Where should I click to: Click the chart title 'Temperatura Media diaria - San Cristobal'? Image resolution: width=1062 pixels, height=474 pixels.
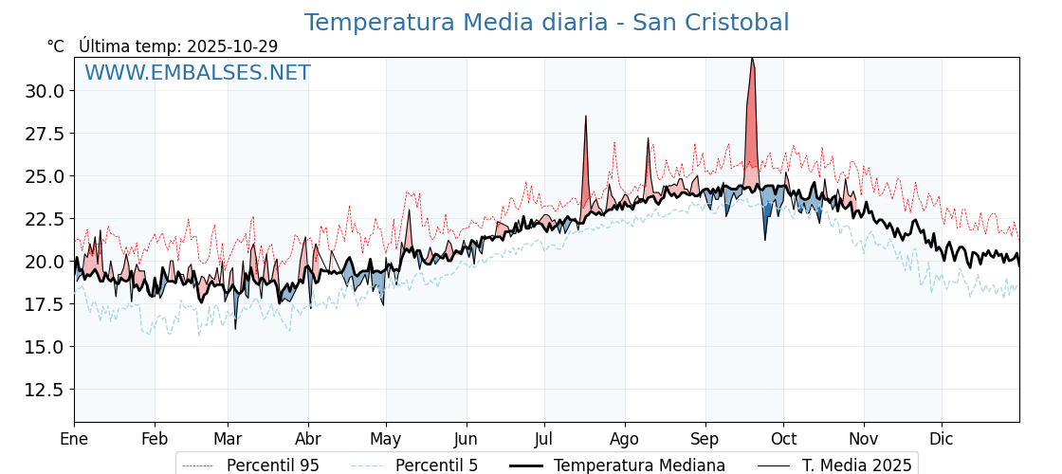tap(546, 23)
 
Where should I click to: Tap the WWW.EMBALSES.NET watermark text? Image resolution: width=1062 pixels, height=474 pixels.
tap(197, 73)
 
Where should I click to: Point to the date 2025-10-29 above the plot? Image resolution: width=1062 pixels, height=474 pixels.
tap(232, 46)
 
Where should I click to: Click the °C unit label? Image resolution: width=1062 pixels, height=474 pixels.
tap(55, 46)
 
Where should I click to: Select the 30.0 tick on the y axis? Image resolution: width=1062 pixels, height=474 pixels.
tap(45, 91)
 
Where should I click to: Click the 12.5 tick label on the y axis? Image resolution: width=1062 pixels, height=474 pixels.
tap(45, 390)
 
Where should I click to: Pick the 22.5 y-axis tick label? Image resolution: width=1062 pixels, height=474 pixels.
tap(45, 219)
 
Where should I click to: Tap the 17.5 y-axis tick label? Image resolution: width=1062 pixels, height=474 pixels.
tap(45, 304)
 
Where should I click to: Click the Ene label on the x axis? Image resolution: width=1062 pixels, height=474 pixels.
tap(74, 439)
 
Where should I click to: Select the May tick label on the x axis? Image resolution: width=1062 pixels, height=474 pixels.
tap(386, 439)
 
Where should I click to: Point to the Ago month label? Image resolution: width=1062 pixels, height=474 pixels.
tap(625, 439)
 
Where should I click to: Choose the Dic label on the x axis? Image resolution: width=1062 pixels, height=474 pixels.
tap(942, 439)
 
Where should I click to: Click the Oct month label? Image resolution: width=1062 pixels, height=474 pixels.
tap(783, 439)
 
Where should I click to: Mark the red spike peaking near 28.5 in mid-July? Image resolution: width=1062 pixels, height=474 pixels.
tap(586, 118)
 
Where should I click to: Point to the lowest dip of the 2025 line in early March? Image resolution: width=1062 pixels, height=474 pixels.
tap(235, 327)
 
